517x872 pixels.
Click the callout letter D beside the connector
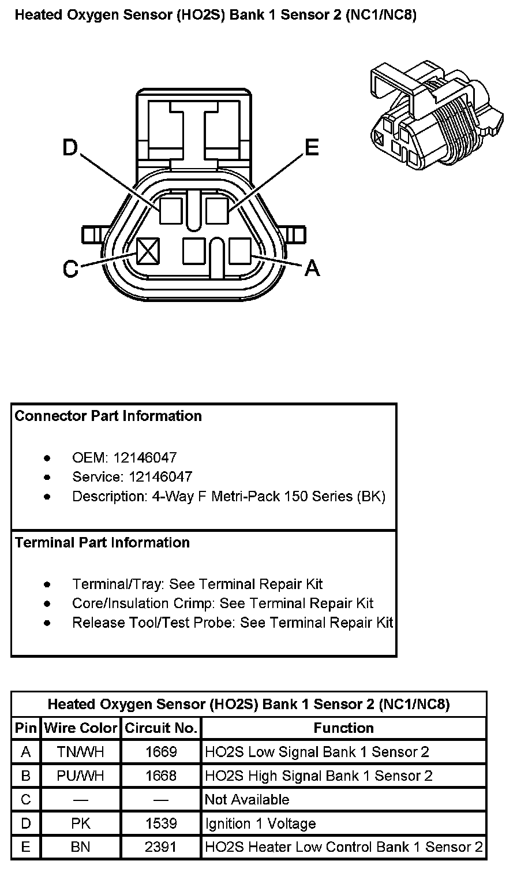(x=70, y=148)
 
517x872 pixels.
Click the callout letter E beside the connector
(x=312, y=148)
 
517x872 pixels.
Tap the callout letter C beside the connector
(x=70, y=269)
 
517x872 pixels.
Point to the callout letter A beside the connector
(x=312, y=267)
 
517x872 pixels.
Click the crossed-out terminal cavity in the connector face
(x=148, y=251)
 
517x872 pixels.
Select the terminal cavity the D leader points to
(x=171, y=210)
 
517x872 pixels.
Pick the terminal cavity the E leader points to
(x=216, y=210)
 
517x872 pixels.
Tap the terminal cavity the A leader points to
(x=239, y=251)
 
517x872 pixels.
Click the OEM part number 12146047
(x=145, y=458)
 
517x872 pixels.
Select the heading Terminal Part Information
(x=102, y=543)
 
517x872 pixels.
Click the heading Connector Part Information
(x=108, y=416)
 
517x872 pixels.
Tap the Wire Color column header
(x=81, y=728)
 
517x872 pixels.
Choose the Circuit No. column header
(x=161, y=728)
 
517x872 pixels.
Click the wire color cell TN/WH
(x=81, y=752)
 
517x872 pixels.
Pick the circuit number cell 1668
(x=161, y=776)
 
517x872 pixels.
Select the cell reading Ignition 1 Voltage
(x=261, y=823)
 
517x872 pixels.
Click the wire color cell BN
(x=81, y=847)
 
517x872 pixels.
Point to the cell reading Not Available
(x=247, y=800)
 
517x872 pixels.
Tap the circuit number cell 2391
(x=161, y=847)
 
